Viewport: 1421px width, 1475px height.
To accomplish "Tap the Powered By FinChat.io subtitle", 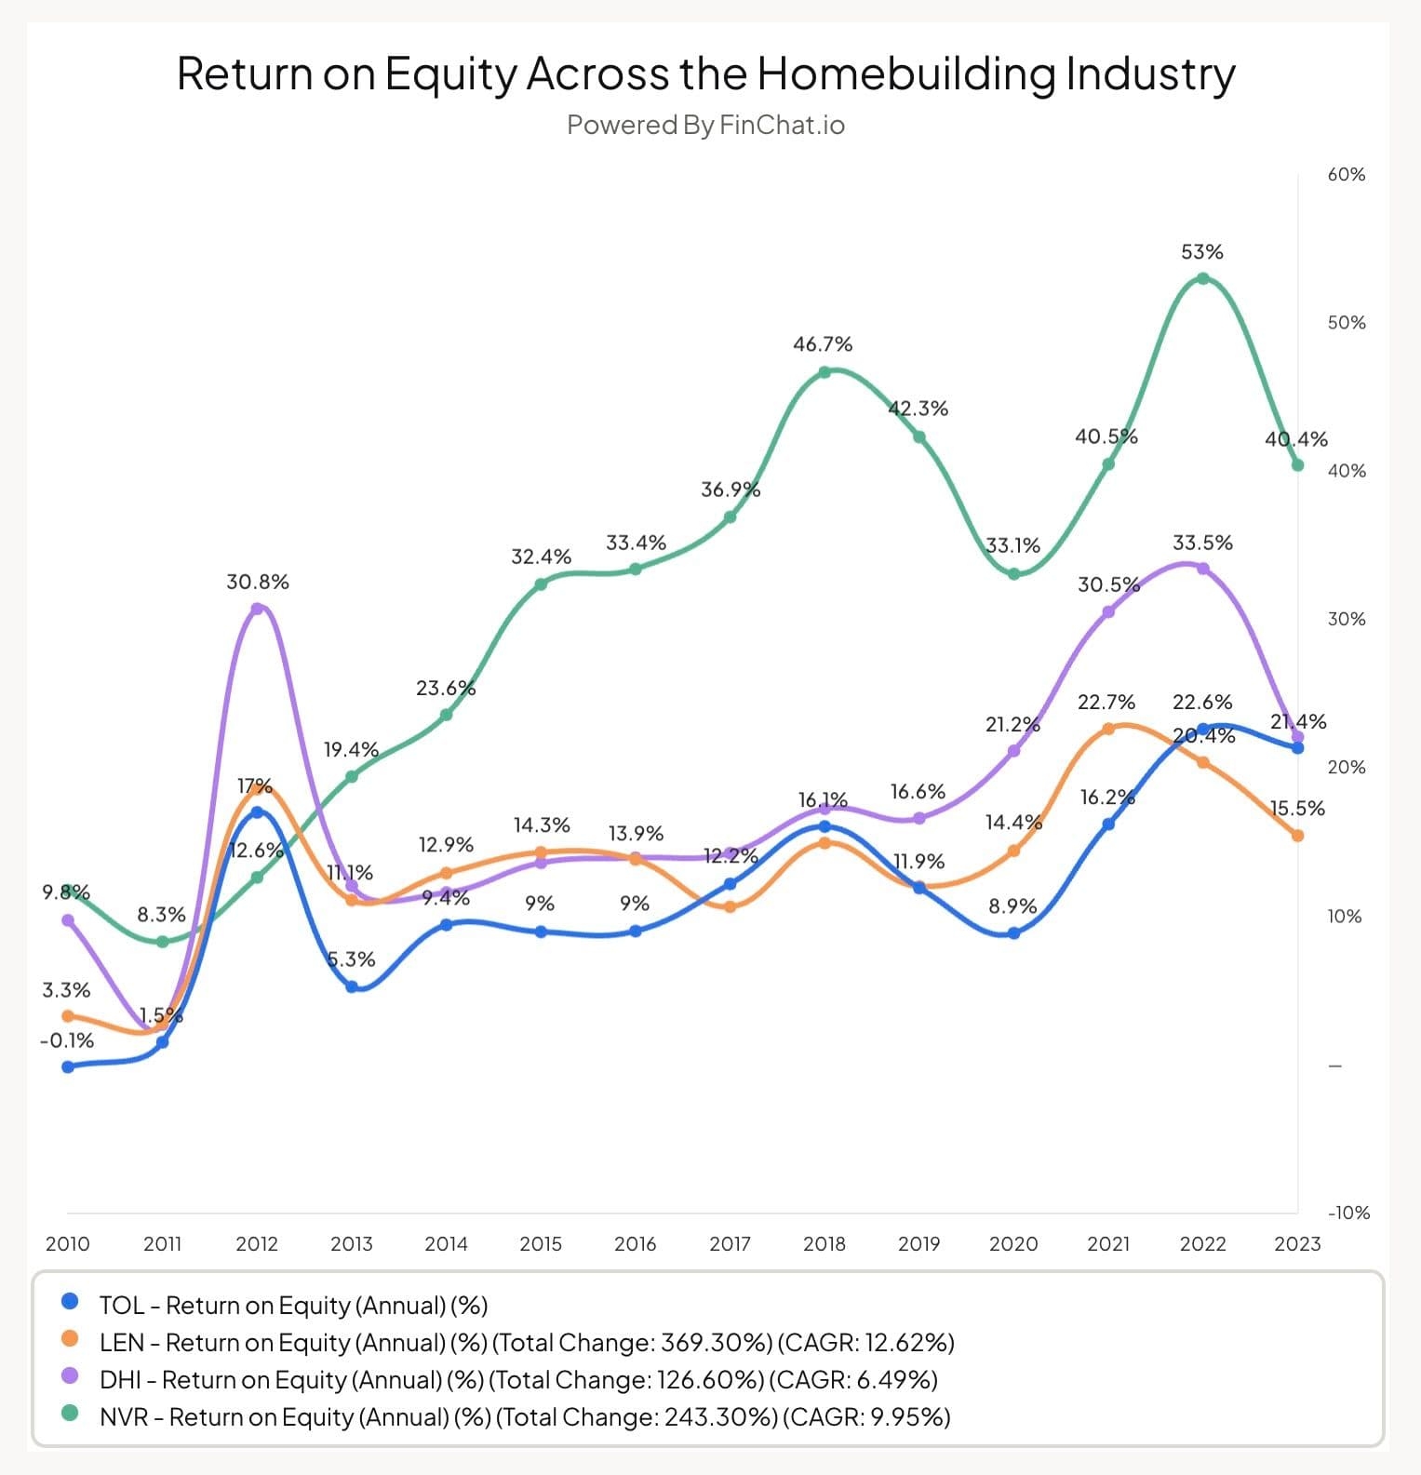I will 705,125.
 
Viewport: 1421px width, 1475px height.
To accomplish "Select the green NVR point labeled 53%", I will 1202,278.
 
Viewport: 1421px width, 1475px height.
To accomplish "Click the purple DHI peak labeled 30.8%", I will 258,609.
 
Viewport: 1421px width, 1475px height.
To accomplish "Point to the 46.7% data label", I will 822,344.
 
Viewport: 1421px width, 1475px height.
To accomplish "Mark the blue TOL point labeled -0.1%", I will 68,1066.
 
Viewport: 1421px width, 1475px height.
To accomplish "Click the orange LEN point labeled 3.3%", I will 68,1016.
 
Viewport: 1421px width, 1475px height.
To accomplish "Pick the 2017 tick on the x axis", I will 730,1243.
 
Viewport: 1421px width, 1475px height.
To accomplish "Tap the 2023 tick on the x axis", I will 1297,1243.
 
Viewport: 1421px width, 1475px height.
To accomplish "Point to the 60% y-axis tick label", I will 1346,175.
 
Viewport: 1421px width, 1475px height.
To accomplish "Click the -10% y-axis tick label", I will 1347,1213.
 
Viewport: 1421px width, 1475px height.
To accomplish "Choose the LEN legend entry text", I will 526,1342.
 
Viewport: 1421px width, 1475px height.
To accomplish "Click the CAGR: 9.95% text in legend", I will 865,1416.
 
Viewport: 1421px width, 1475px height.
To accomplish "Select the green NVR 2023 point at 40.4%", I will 1297,464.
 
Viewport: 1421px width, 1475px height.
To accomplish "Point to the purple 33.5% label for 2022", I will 1202,543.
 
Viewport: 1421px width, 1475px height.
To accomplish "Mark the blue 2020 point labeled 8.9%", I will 1013,932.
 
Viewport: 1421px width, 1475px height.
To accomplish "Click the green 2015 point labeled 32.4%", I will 541,584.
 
